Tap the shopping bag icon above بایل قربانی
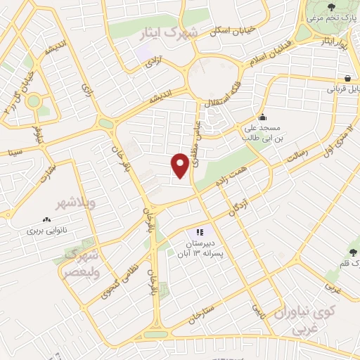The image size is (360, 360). [347, 77]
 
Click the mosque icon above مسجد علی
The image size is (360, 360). [262, 117]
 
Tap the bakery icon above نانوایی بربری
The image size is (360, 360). [47, 219]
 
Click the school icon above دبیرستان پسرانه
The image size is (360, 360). [200, 231]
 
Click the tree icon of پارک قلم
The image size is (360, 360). [353, 250]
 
